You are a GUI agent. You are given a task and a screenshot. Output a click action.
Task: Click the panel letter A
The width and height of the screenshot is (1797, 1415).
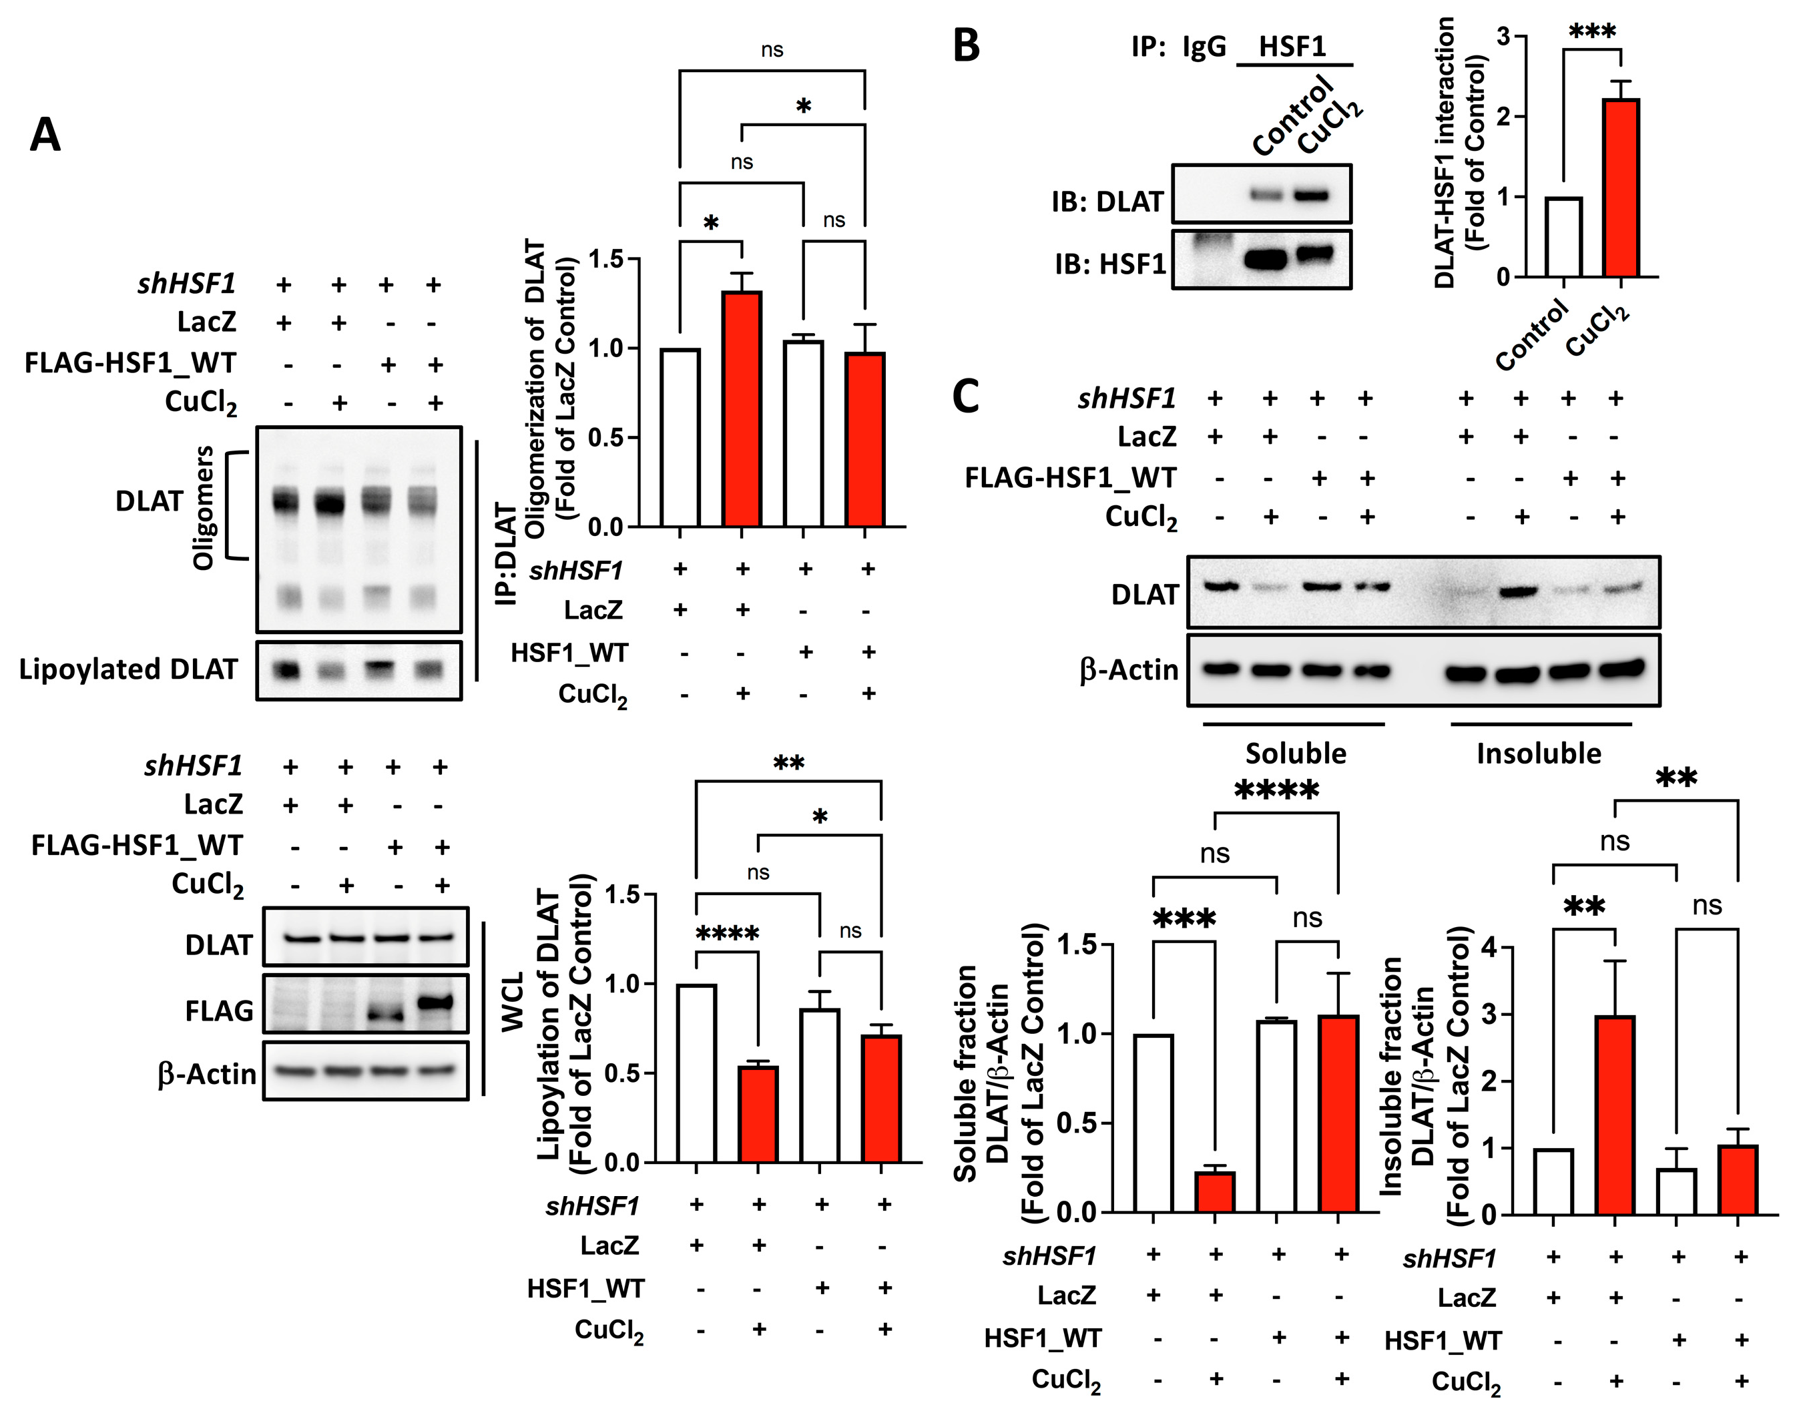coord(45,135)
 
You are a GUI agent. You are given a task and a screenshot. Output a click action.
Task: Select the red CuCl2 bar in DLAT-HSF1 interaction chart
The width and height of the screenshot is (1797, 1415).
coord(1621,188)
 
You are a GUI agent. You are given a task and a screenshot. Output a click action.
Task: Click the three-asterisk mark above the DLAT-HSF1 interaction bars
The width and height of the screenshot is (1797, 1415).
coord(1591,32)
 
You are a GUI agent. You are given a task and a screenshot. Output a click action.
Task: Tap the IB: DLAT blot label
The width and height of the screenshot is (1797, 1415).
coord(1107,202)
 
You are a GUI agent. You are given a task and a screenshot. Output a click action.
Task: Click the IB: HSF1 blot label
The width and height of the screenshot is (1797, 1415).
coord(1110,264)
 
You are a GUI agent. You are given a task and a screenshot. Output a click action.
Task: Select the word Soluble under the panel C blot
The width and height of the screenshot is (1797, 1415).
coord(1296,753)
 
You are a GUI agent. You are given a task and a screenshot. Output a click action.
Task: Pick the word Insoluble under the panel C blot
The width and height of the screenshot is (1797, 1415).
coord(1539,753)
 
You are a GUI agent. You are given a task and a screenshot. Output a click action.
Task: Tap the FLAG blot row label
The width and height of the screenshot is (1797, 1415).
coord(219,1011)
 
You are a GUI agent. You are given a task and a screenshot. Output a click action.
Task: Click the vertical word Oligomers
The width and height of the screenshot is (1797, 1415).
coord(203,507)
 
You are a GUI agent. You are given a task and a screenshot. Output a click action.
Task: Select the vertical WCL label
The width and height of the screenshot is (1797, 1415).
coord(513,1003)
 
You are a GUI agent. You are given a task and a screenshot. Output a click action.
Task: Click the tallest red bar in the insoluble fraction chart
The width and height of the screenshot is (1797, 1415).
coord(1615,1115)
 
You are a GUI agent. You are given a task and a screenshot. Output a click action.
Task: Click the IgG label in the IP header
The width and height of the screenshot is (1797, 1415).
coord(1204,47)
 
